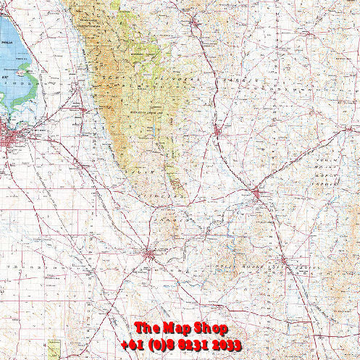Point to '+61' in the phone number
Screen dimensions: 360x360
click(x=133, y=346)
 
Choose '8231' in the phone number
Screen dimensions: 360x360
click(x=196, y=346)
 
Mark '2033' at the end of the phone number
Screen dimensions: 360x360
click(x=231, y=346)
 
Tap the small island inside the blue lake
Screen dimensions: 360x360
click(x=26, y=72)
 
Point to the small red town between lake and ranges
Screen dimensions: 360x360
click(x=78, y=89)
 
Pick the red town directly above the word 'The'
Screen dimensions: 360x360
click(x=148, y=254)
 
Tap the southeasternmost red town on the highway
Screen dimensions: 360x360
click(x=283, y=260)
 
